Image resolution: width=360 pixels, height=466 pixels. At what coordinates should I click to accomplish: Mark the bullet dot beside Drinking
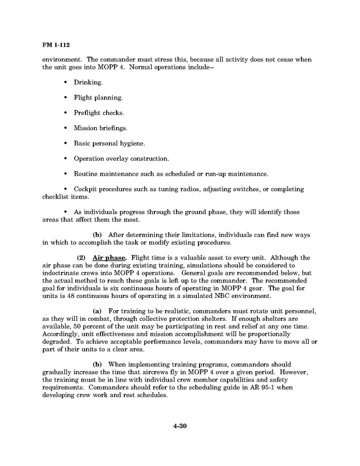pyautogui.click(x=65, y=82)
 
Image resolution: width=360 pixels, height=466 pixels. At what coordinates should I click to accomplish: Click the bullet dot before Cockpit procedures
pyautogui.click(x=65, y=189)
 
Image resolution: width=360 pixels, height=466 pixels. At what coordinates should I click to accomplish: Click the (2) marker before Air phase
pyautogui.click(x=81, y=258)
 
